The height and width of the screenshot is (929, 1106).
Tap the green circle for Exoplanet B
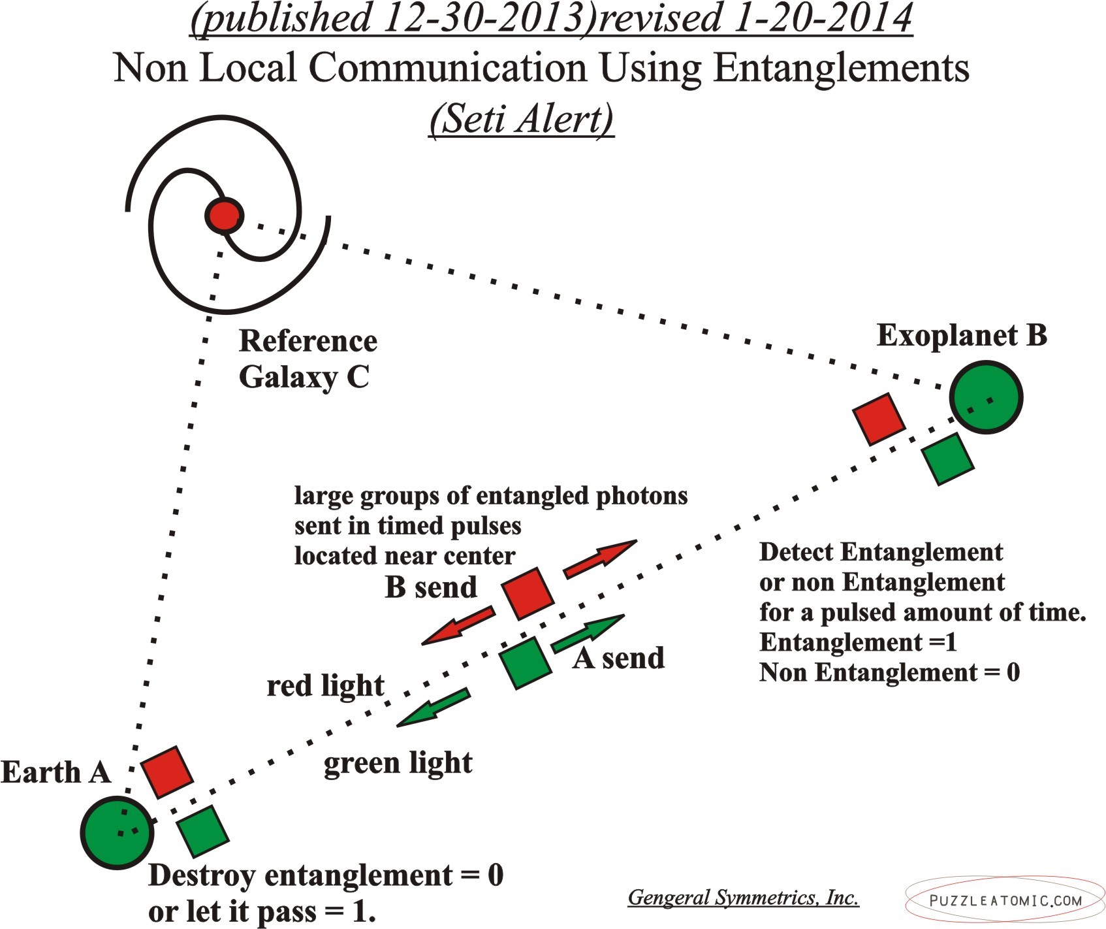(x=986, y=397)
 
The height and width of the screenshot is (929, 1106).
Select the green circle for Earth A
(x=118, y=832)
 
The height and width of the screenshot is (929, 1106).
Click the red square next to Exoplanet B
(x=879, y=419)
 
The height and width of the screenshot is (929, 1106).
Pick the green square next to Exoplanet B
(x=948, y=459)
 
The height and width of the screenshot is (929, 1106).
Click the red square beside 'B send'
(x=528, y=593)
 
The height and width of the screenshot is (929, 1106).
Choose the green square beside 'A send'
(x=526, y=662)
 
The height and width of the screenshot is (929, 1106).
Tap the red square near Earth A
(x=167, y=772)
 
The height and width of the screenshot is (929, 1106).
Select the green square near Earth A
(x=202, y=830)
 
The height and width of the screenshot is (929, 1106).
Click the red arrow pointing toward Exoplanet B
(x=599, y=559)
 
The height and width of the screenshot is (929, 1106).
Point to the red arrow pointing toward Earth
(x=458, y=625)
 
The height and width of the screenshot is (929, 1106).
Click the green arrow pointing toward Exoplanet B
(x=588, y=634)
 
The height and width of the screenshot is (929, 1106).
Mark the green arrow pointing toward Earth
(x=434, y=707)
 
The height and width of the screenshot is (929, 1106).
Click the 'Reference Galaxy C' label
(x=308, y=359)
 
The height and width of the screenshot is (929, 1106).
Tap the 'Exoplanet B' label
(x=962, y=336)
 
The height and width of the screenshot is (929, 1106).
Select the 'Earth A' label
(x=55, y=772)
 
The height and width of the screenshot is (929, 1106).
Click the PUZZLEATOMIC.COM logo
(x=1005, y=900)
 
